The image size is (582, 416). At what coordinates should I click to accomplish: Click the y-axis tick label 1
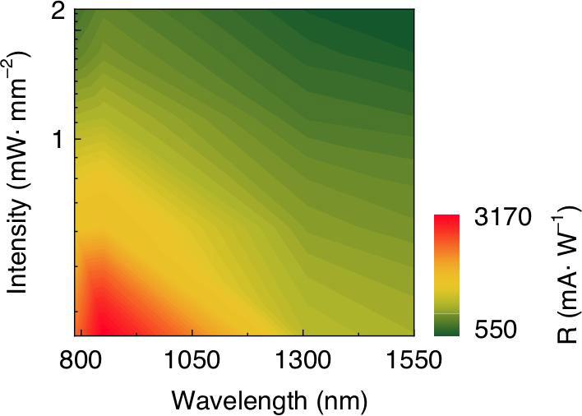click(x=58, y=138)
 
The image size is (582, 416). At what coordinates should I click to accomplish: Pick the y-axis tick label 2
click(x=58, y=14)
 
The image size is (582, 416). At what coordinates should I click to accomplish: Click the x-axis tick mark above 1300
click(x=303, y=332)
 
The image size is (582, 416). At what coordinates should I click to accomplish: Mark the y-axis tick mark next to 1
click(x=78, y=138)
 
